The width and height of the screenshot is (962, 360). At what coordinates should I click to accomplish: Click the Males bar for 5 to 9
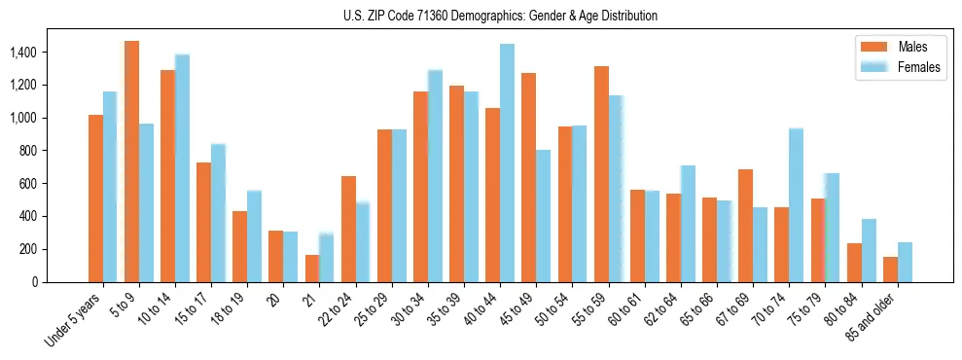[x=131, y=162]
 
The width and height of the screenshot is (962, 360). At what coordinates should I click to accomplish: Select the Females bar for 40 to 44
[x=507, y=162]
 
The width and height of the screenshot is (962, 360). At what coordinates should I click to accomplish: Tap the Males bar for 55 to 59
[x=601, y=174]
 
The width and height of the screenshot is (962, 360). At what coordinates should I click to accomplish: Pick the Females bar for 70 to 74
[x=796, y=205]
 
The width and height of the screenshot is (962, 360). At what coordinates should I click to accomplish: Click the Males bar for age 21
[x=312, y=269]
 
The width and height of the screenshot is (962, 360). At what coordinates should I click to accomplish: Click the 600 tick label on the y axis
[x=55, y=183]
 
